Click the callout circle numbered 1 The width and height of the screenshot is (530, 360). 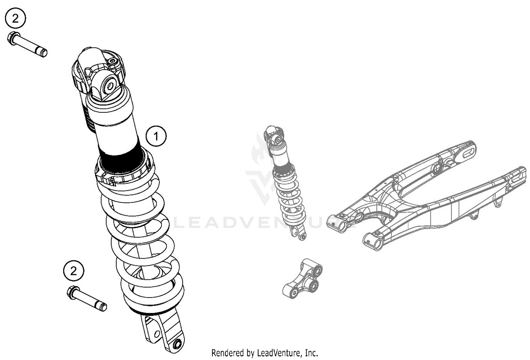pyautogui.click(x=156, y=136)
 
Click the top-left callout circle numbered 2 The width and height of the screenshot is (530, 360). pyautogui.click(x=15, y=19)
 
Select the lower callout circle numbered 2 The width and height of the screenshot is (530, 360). pyautogui.click(x=73, y=271)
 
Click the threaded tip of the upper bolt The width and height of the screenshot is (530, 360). pyautogui.click(x=43, y=53)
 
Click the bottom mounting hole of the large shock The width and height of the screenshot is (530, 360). pyautogui.click(x=177, y=344)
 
